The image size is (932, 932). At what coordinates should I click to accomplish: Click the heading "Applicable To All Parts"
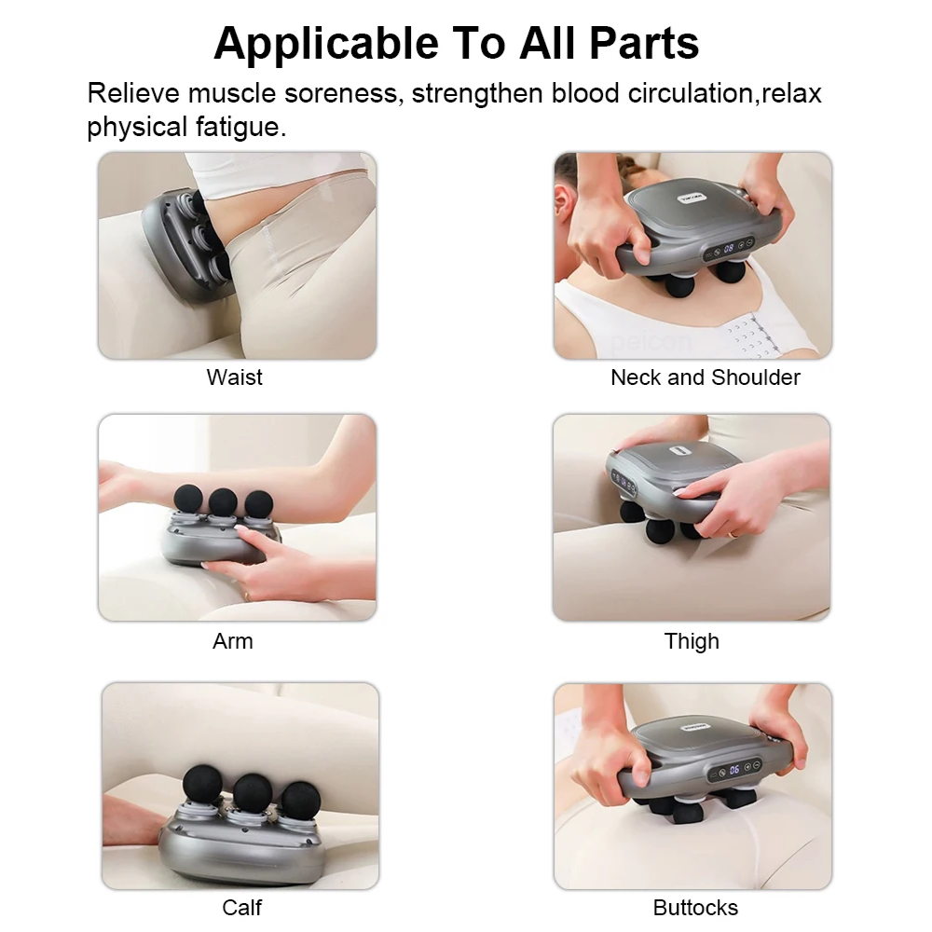(456, 43)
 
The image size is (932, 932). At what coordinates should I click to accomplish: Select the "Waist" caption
(234, 377)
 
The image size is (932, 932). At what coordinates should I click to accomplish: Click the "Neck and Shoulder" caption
(705, 377)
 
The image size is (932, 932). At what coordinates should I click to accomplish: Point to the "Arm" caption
(233, 641)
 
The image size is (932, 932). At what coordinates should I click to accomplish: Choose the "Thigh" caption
(692, 641)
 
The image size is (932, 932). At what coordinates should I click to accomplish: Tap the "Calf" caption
(241, 907)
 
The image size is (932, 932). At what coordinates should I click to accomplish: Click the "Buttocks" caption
(695, 907)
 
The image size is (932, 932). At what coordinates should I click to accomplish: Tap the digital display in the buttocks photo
(733, 770)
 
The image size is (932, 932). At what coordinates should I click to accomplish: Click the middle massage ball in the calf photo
(253, 791)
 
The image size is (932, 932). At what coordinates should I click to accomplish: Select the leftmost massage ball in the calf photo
(202, 783)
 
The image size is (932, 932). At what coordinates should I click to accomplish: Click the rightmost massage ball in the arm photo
(258, 504)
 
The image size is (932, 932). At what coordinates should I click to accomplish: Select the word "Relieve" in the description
(132, 94)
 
